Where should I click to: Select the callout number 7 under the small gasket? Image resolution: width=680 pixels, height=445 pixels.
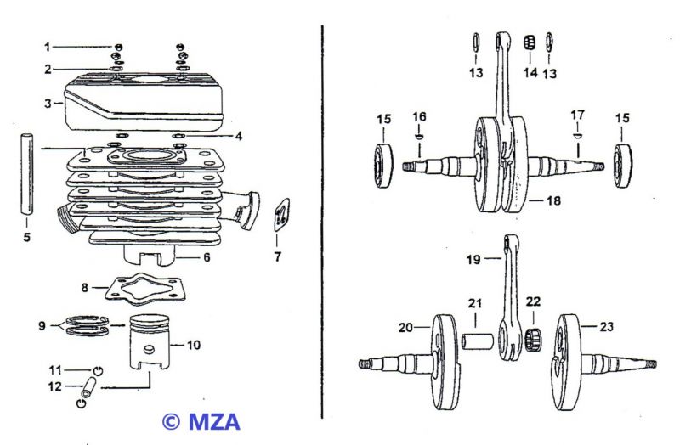click(x=276, y=255)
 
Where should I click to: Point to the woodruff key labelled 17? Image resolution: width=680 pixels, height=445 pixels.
click(x=576, y=136)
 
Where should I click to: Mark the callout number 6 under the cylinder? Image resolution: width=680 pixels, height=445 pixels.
click(x=207, y=256)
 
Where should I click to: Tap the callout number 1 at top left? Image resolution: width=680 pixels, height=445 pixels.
click(x=48, y=46)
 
